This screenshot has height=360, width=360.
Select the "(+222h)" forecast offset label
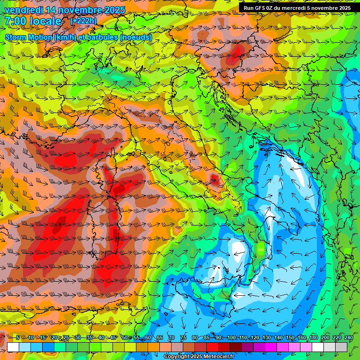pos(83,21)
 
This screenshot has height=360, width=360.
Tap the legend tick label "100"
pos(231,338)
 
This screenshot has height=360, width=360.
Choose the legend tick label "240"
pos(348,338)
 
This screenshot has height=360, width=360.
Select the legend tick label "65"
pos(159,338)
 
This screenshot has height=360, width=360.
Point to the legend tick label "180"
pos(313,338)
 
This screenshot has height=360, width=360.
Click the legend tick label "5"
pos(17,338)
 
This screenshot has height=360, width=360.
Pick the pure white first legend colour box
pos(13,347)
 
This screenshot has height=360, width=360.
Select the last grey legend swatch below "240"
pos(341,347)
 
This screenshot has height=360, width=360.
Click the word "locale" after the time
pos(45,21)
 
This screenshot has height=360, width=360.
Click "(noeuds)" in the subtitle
pos(136,37)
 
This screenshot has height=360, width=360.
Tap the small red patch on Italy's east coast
pos(215,180)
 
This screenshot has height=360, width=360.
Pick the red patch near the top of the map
pos(234,55)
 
